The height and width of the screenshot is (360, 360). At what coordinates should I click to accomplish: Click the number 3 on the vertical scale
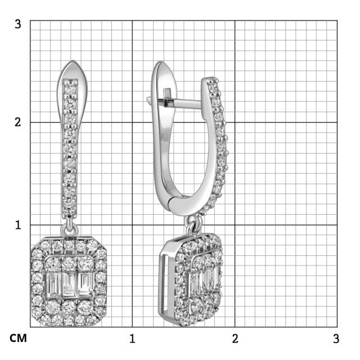[x=18, y=24]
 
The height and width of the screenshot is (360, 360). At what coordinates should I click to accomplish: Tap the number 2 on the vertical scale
[x=18, y=122]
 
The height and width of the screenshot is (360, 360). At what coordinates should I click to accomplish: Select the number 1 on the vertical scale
[x=18, y=224]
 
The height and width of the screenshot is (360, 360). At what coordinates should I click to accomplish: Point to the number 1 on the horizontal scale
[x=132, y=339]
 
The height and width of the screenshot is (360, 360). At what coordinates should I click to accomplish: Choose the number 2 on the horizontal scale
[x=235, y=339]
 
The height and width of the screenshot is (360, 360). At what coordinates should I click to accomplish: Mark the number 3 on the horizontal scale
[x=336, y=339]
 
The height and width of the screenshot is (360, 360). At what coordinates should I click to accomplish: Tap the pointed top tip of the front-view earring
[x=71, y=61]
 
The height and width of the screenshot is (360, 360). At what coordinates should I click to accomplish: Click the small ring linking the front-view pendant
[x=70, y=229]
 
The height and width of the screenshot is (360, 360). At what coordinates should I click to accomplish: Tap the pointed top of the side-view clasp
[x=160, y=62]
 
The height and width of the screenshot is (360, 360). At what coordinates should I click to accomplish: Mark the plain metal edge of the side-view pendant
[x=164, y=284]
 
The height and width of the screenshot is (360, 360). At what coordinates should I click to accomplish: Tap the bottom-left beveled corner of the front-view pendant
[x=35, y=320]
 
